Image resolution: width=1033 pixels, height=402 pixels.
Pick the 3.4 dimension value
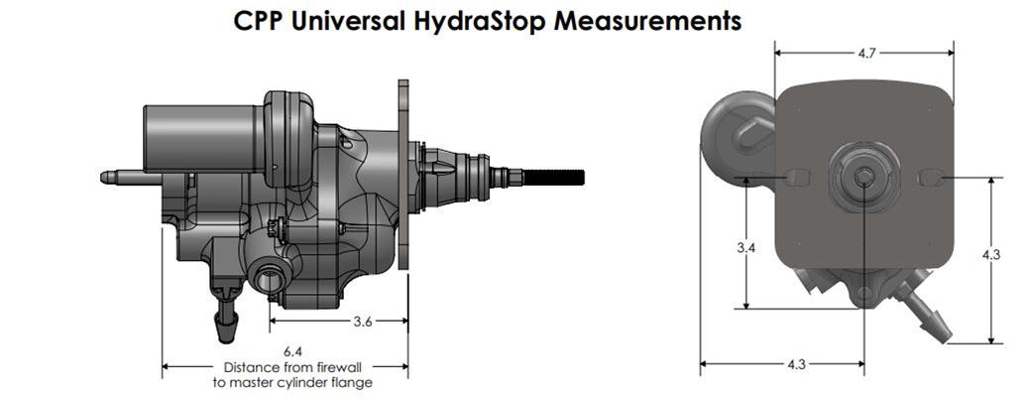(x=746, y=247)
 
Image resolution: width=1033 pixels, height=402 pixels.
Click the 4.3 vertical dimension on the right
(x=990, y=255)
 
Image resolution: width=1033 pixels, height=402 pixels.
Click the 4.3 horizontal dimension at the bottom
(x=795, y=364)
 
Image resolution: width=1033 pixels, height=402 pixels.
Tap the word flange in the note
(x=354, y=382)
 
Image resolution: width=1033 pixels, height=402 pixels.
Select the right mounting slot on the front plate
(x=931, y=177)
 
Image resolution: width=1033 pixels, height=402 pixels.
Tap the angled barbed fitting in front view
(x=927, y=312)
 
